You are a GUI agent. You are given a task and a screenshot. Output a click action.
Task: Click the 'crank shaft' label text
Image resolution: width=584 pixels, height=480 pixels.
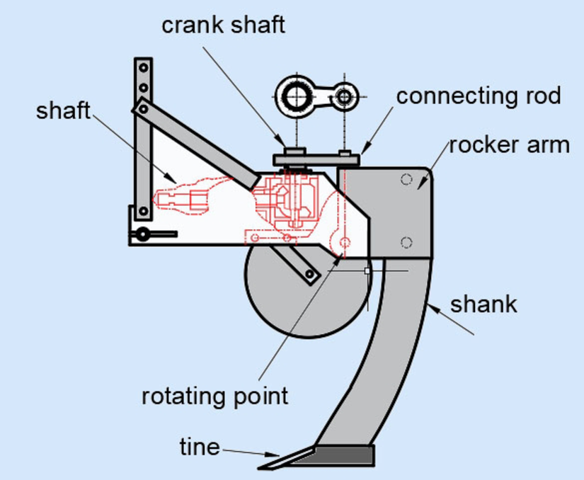223,25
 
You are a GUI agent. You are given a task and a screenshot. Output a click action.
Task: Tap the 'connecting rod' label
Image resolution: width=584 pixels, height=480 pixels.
479,96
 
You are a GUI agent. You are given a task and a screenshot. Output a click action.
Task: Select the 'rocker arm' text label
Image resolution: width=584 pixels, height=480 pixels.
509,145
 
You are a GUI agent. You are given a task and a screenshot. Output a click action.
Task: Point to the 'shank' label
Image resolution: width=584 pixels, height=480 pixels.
483,304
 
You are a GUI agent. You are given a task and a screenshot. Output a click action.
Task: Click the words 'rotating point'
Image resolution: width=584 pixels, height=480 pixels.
215,395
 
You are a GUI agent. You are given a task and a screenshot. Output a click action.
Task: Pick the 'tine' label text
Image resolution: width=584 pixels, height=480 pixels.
199,447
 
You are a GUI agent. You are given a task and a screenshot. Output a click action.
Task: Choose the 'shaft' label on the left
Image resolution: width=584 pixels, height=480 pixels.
64,110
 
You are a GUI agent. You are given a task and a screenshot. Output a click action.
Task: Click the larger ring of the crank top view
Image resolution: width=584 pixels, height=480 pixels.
293,95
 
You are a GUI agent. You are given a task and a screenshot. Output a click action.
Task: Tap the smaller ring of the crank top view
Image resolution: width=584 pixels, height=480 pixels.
344,95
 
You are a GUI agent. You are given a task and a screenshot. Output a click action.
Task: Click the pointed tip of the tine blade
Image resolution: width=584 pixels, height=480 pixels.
262,467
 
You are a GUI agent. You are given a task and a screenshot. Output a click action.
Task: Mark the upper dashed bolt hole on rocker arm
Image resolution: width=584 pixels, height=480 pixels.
406,179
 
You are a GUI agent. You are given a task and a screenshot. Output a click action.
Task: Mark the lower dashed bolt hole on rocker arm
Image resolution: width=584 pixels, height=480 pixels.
406,243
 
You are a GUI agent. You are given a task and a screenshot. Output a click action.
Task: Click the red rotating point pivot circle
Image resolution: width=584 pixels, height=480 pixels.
345,244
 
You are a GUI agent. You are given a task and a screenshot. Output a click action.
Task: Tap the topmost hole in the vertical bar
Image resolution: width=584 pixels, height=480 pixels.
144,68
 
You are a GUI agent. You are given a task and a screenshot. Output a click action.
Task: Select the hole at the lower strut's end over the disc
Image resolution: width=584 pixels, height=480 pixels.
309,273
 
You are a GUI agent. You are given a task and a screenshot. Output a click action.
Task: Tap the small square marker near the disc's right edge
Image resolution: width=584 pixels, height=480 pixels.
367,270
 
